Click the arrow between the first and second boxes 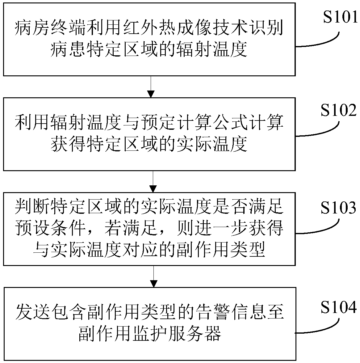click(x=151, y=87)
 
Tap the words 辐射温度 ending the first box click(x=216, y=49)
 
